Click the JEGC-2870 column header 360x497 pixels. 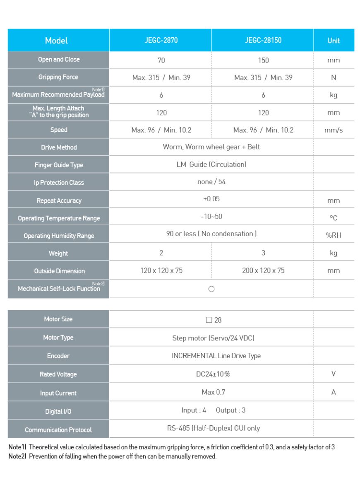[x=161, y=40]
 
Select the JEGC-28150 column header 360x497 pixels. [x=263, y=40]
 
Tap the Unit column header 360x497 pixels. [x=334, y=41]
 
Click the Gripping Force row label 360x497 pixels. [x=58, y=77]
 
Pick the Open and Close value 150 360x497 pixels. [x=263, y=60]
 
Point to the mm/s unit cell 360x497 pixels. [x=334, y=130]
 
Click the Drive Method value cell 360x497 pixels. [x=211, y=147]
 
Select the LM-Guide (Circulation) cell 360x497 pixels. [x=211, y=164]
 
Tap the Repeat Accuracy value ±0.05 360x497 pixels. [x=211, y=199]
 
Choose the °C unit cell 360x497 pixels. [x=334, y=218]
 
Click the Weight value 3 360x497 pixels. [x=263, y=253]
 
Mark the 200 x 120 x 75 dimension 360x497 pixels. [x=263, y=270]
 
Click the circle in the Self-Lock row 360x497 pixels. [x=211, y=289]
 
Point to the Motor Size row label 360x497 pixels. [x=58, y=319]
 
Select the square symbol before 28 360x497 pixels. [x=209, y=320]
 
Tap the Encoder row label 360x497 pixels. [x=58, y=356]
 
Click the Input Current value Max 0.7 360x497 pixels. [x=211, y=392]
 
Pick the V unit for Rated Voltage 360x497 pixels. [x=334, y=374]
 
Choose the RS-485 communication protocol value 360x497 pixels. [x=214, y=428]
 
